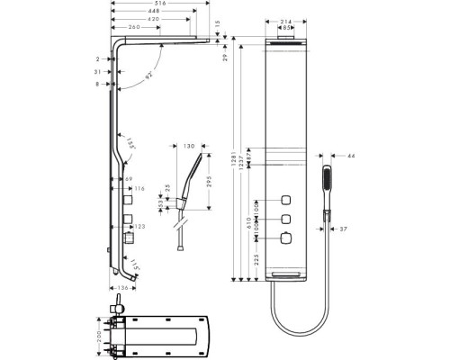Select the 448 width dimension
[157, 12]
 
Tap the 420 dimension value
[154, 19]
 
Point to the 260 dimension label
[134, 27]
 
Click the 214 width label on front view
[287, 22]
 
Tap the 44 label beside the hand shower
[351, 156]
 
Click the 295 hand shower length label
[210, 184]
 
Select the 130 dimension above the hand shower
[190, 147]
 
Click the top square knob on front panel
[286, 201]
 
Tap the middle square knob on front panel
[286, 219]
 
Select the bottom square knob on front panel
[286, 238]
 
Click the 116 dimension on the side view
[140, 189]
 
